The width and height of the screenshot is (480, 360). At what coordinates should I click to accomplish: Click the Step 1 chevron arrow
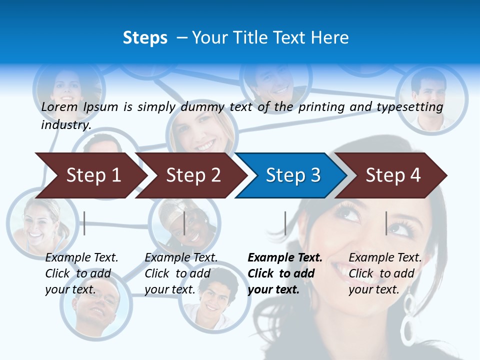tap(92, 175)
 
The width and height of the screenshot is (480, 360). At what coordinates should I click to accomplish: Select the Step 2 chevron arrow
tap(192, 175)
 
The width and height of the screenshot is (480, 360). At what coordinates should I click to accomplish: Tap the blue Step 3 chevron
tap(292, 175)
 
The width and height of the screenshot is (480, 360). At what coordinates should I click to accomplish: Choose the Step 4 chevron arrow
tap(392, 175)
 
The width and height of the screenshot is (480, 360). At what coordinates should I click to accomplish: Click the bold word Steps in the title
tap(145, 37)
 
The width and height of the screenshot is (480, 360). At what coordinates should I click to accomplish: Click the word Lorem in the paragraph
tap(59, 106)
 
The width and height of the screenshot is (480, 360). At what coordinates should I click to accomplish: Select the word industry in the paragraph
tap(65, 124)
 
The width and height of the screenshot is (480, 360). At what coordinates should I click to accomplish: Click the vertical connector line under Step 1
tap(84, 223)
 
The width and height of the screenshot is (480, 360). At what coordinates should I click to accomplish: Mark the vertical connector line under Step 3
tap(285, 223)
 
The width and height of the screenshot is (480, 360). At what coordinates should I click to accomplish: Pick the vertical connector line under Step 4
tap(386, 223)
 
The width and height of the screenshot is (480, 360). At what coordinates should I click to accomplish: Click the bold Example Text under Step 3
tap(285, 257)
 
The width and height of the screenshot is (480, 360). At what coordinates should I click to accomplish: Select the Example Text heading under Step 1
tap(81, 257)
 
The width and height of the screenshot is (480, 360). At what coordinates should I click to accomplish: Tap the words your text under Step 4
tap(373, 289)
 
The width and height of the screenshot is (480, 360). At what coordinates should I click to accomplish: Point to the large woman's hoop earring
tap(408, 320)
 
